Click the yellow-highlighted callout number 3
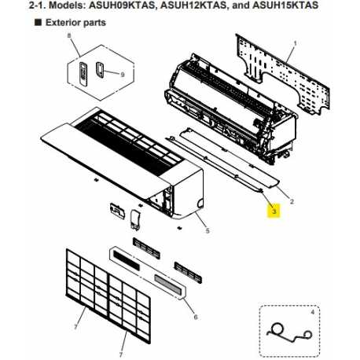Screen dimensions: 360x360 coord(274,211)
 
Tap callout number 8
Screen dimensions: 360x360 coord(69,36)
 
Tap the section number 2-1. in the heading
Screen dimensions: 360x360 coord(15,7)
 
